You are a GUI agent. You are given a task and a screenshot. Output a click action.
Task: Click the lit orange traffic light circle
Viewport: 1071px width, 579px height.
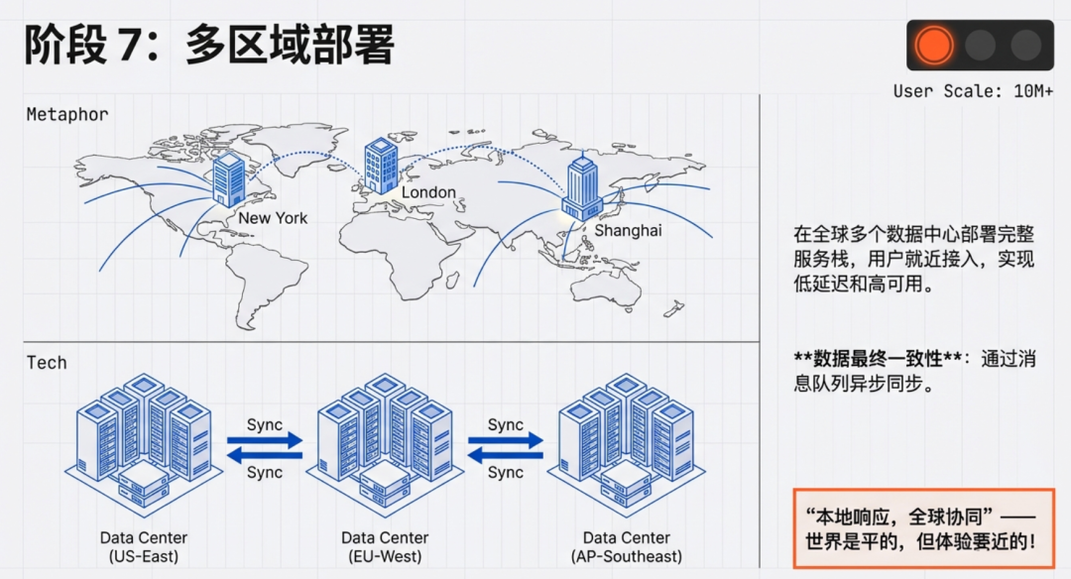[933, 45]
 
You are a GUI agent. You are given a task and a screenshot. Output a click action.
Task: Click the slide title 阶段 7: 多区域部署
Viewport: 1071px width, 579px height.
[209, 45]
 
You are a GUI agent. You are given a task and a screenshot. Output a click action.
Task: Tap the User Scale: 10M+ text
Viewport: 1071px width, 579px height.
[973, 91]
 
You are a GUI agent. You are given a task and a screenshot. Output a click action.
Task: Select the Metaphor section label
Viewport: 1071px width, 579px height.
[67, 114]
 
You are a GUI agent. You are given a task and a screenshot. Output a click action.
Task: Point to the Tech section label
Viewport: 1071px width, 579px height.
[47, 363]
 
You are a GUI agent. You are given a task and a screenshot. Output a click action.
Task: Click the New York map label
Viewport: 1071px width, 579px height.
[273, 218]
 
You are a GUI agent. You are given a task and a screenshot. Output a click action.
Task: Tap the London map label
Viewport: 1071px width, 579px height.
[428, 192]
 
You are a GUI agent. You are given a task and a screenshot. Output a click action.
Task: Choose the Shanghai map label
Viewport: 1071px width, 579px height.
[628, 231]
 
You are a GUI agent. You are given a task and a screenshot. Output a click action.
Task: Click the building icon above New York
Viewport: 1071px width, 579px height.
[229, 178]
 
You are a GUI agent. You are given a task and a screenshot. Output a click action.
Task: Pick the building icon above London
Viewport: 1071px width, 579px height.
[381, 165]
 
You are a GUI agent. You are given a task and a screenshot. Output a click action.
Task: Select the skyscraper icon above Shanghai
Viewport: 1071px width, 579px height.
[582, 189]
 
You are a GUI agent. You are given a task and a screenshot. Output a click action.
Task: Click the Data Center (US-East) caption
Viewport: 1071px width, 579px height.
[144, 547]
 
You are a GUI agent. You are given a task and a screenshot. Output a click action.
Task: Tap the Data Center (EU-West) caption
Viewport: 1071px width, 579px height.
[385, 547]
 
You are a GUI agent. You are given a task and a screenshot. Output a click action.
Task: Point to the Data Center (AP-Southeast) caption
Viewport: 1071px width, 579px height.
[627, 547]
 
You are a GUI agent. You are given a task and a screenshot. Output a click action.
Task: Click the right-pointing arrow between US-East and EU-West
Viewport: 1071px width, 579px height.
[265, 439]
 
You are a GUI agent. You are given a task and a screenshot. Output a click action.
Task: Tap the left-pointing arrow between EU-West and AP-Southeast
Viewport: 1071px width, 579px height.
[505, 455]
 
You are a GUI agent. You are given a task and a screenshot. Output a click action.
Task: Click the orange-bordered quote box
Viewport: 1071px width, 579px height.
[922, 528]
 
